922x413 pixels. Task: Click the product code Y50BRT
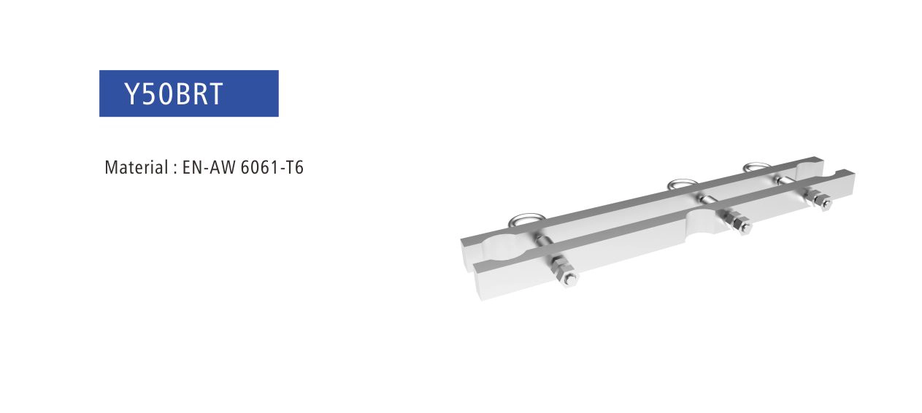[174, 94]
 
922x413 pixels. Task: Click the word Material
[137, 167]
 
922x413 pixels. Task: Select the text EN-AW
[209, 167]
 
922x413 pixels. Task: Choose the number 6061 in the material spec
[258, 167]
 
